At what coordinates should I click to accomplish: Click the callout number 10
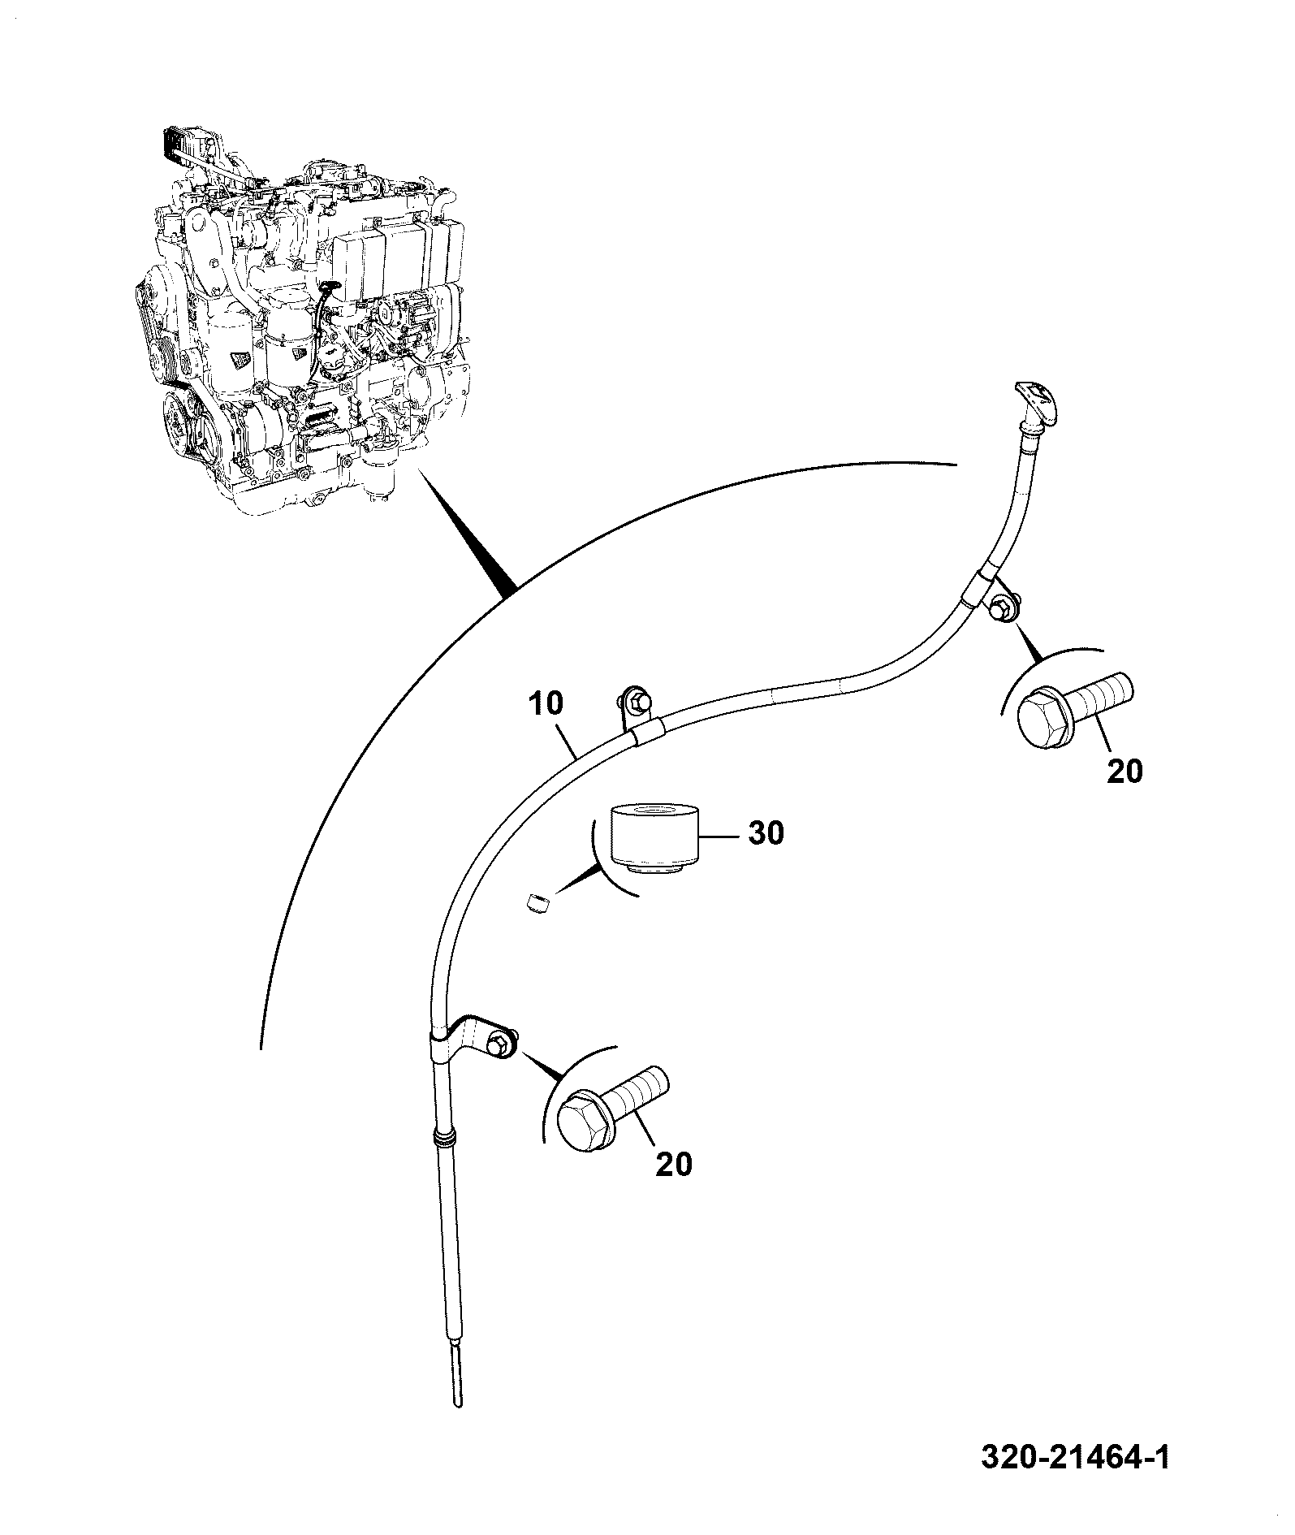[546, 703]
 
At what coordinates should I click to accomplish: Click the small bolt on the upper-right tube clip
[1002, 606]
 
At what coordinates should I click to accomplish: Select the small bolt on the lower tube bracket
[503, 1041]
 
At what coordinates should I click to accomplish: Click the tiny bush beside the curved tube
[537, 901]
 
